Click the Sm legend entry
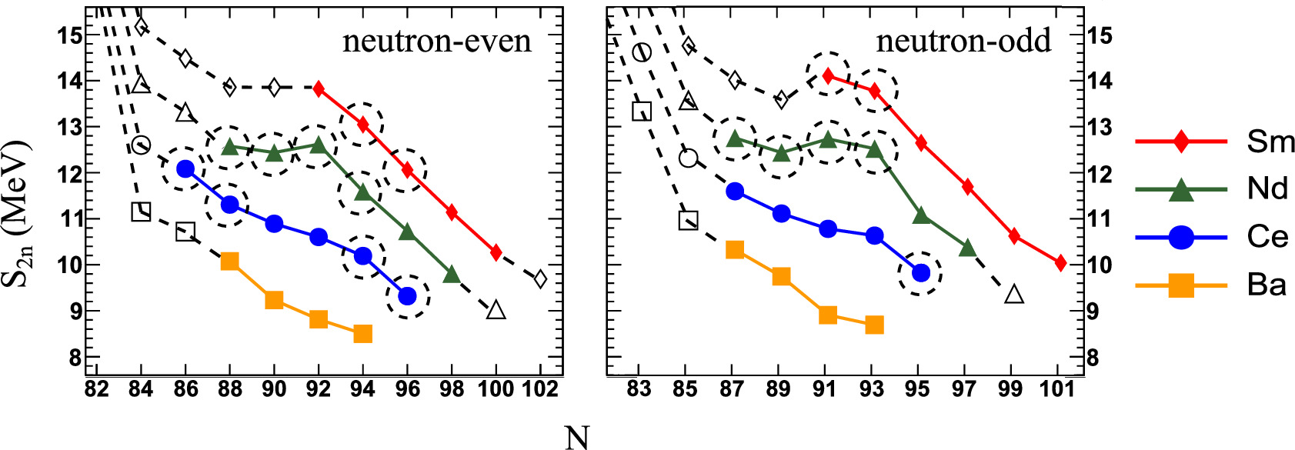click(x=1270, y=142)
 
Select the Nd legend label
click(x=1267, y=188)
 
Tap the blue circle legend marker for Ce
click(x=1181, y=237)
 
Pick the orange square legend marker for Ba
click(x=1181, y=285)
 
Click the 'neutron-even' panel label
click(x=436, y=41)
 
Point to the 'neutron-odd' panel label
click(x=963, y=41)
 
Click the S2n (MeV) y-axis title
click(x=15, y=213)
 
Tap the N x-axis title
click(x=576, y=437)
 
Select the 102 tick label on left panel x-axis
click(x=540, y=389)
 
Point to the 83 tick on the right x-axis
click(x=639, y=389)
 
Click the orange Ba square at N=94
click(x=363, y=333)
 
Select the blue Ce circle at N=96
click(x=408, y=296)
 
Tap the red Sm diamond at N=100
click(x=496, y=252)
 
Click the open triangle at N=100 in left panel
click(x=496, y=310)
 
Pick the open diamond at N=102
click(x=540, y=278)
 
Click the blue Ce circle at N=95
click(x=920, y=272)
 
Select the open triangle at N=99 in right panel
click(x=1014, y=294)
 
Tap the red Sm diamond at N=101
click(x=1060, y=263)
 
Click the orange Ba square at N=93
click(x=873, y=325)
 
